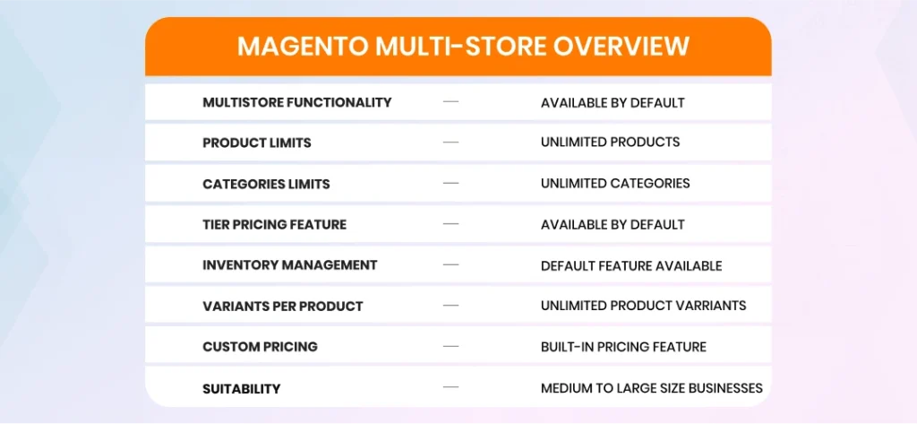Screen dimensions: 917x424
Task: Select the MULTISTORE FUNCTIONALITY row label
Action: [x=297, y=102]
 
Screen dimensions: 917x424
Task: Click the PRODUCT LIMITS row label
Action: [x=257, y=143]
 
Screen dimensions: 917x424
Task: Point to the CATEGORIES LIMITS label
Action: [x=266, y=184]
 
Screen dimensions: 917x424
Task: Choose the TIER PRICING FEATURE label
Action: [x=274, y=224]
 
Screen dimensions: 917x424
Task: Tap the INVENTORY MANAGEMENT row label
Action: [x=289, y=265]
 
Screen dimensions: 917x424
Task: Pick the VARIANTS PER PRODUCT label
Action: [x=282, y=307]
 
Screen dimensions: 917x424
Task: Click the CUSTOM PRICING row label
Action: [x=260, y=347]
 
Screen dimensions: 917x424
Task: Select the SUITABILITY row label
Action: [x=242, y=388]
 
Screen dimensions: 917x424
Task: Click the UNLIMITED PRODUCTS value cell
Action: [x=610, y=143]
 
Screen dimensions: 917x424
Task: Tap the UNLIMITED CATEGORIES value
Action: [x=615, y=183]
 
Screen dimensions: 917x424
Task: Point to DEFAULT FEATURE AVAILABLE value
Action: [x=631, y=266]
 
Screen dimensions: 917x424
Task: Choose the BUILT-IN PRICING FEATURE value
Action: [x=623, y=347]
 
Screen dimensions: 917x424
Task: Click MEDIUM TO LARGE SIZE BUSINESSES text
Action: [x=652, y=387]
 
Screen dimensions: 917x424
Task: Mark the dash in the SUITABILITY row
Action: [x=451, y=386]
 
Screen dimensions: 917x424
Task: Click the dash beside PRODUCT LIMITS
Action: [x=451, y=143]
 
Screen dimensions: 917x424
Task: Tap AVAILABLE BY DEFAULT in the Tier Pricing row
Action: [x=613, y=224]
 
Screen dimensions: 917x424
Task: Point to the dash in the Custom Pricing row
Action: [x=451, y=346]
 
